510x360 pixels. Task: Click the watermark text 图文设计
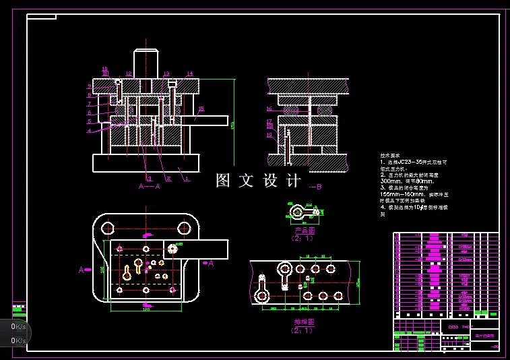tap(258, 181)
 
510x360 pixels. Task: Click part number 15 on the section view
tap(201, 109)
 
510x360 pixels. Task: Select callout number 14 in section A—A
tap(190, 73)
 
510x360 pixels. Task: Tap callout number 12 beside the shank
tap(128, 74)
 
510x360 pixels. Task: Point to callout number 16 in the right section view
tap(269, 109)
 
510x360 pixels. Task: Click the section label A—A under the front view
tap(149, 186)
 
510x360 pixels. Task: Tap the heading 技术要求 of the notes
tap(391, 155)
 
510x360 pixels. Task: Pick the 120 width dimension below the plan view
tap(146, 309)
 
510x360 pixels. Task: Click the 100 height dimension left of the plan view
tap(102, 269)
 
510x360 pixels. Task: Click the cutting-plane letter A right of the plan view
tap(210, 264)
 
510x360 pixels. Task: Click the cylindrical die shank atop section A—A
tap(146, 64)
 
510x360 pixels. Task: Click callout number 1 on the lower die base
tap(187, 179)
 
